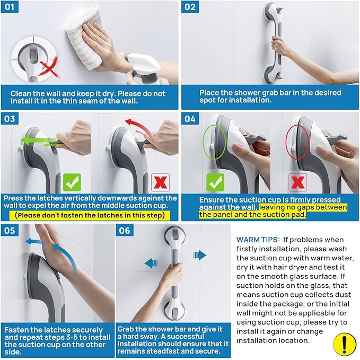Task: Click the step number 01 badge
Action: (10, 7)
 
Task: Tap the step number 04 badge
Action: (190, 119)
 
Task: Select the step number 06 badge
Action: (125, 230)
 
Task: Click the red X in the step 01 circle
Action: (49, 67)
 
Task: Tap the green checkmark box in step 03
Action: (72, 182)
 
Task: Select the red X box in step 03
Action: (160, 182)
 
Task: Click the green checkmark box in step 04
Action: (215, 182)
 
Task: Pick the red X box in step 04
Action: (297, 182)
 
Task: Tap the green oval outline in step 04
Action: (203, 142)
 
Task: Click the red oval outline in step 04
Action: (286, 142)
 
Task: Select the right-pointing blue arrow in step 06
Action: (200, 255)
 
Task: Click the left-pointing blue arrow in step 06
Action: (151, 263)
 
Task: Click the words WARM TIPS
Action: (258, 240)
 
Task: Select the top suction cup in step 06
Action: (175, 236)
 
